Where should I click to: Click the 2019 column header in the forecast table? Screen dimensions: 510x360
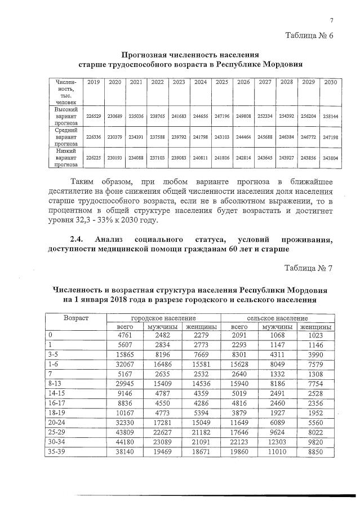click(94, 82)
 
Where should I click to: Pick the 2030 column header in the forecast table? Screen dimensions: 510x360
click(330, 82)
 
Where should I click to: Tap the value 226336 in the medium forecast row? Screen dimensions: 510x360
click(94, 136)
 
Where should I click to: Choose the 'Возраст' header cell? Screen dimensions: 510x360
click(76, 318)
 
